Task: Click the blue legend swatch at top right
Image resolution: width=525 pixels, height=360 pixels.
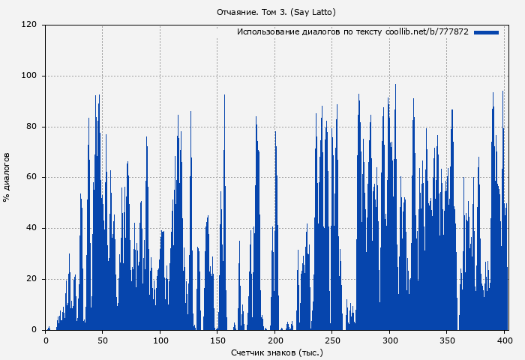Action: click(486, 32)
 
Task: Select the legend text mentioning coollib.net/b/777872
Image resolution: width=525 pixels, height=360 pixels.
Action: click(352, 32)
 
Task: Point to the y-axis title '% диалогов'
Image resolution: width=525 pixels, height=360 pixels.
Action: click(7, 177)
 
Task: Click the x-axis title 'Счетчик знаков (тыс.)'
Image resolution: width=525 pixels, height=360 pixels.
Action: click(277, 352)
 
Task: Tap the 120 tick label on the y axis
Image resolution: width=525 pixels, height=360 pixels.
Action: click(29, 25)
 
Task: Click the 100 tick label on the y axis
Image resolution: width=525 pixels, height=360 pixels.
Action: click(29, 76)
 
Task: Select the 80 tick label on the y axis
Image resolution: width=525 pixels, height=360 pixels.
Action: click(31, 127)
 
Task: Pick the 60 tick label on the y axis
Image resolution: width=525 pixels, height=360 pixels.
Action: click(31, 178)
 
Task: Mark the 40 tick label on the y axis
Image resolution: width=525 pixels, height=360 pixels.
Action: click(31, 228)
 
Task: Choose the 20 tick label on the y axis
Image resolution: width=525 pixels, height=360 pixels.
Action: click(31, 279)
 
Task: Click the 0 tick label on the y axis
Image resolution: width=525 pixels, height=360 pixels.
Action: click(34, 330)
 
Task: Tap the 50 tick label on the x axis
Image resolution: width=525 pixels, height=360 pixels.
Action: click(103, 340)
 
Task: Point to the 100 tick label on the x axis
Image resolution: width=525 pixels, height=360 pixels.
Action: click(160, 340)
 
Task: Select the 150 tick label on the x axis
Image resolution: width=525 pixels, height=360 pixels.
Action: click(217, 340)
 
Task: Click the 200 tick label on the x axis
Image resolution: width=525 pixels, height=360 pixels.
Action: click(275, 340)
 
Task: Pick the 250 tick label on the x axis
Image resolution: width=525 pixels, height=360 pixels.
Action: click(332, 340)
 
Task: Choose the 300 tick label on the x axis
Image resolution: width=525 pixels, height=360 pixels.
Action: click(390, 340)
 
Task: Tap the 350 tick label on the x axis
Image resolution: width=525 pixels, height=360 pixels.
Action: click(447, 340)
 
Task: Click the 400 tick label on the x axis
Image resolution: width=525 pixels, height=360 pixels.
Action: click(505, 340)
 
